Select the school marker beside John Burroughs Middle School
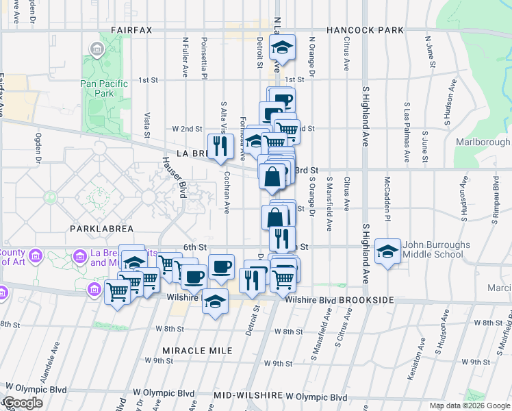(x=388, y=251)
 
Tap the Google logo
(x=23, y=403)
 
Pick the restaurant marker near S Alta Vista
(x=220, y=146)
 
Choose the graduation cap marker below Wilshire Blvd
(x=216, y=301)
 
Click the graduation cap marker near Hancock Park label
(x=281, y=49)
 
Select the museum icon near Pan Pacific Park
(x=97, y=49)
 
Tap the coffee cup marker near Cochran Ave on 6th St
(x=220, y=266)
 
